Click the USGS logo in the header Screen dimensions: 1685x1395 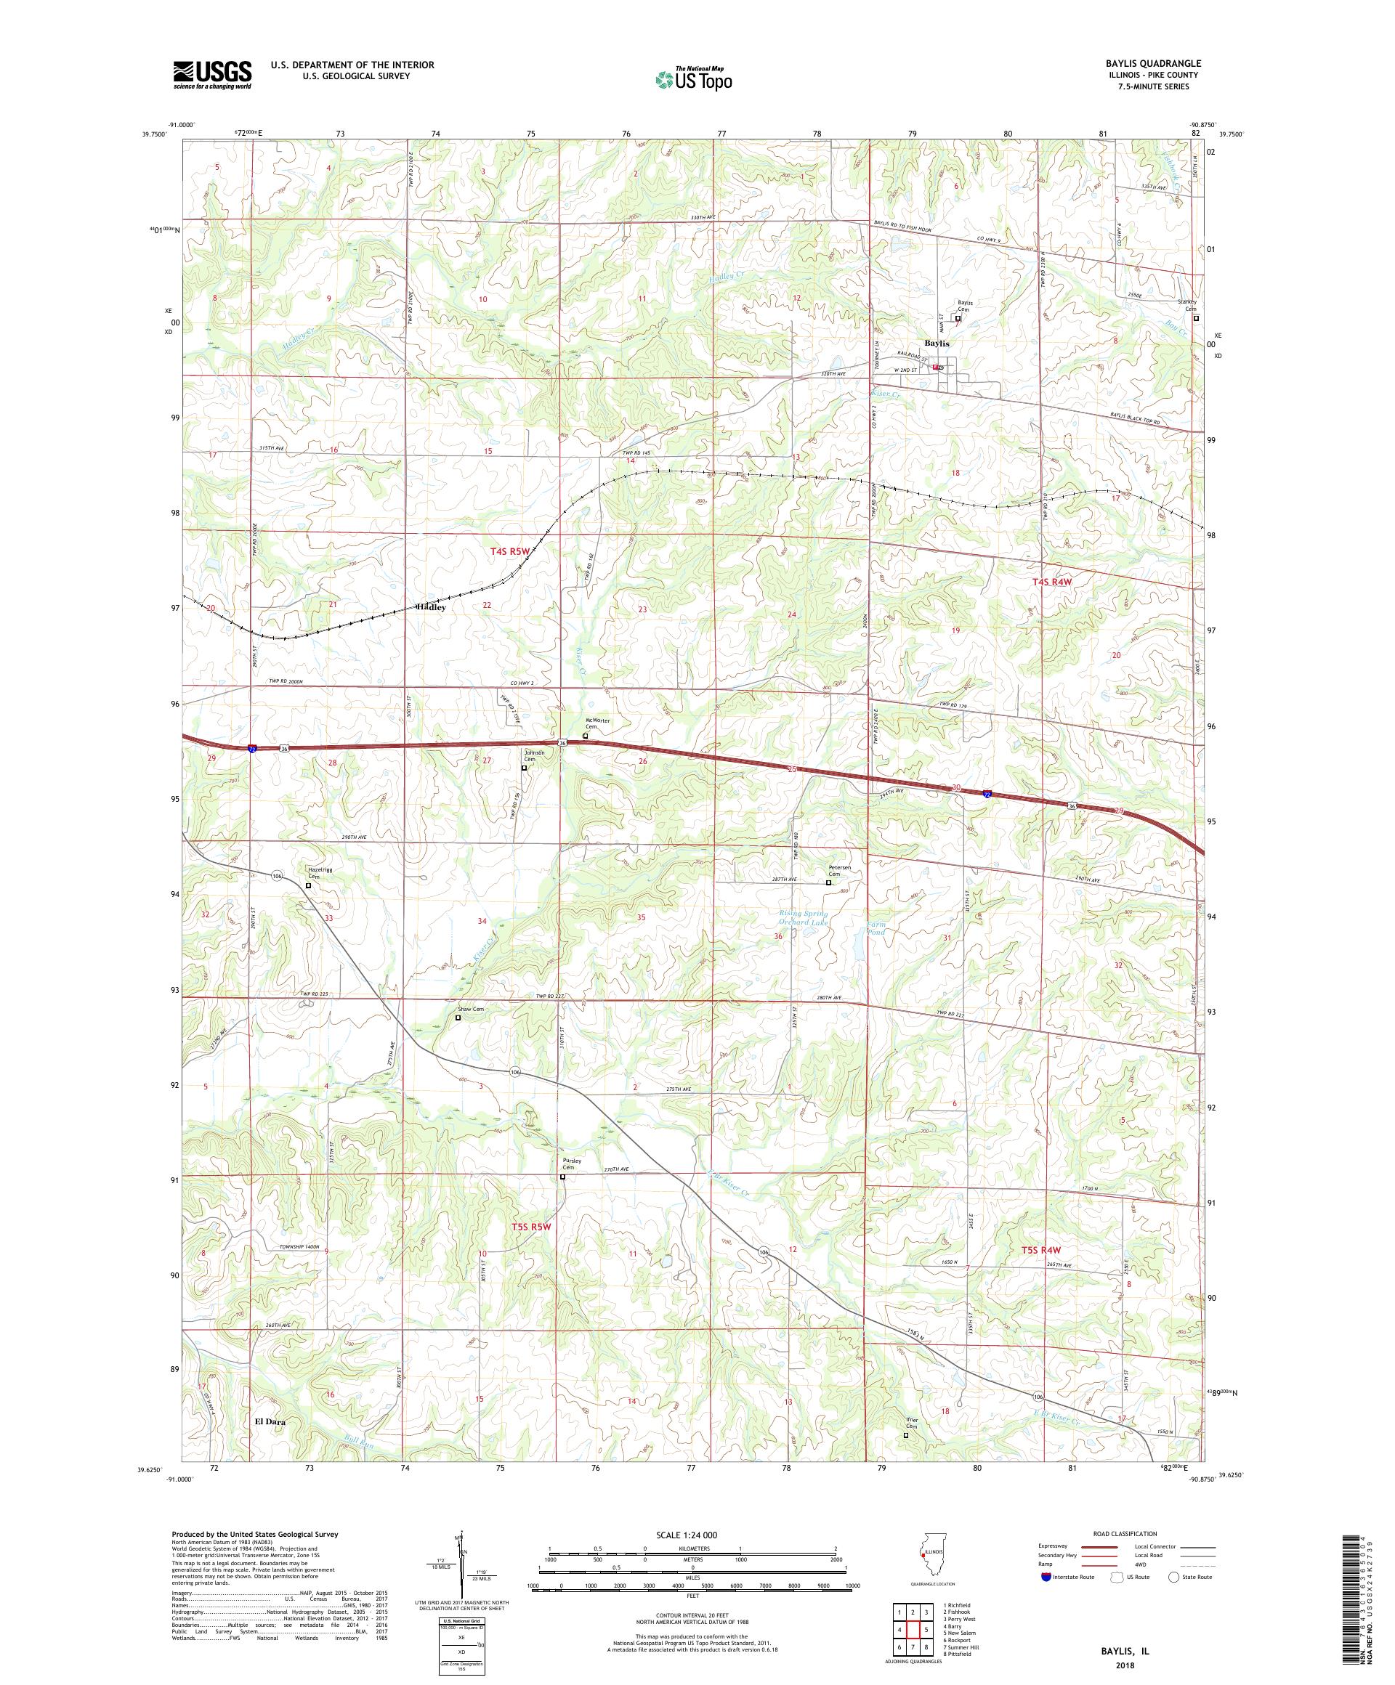pyautogui.click(x=212, y=75)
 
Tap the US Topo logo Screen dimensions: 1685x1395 pyautogui.click(x=695, y=78)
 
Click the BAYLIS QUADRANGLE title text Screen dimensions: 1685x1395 pyautogui.click(x=1155, y=63)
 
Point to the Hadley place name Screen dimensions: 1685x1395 pyautogui.click(x=431, y=607)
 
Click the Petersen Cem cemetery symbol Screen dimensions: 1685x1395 pyautogui.click(x=829, y=882)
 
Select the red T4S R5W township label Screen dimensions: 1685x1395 pyautogui.click(x=511, y=552)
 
